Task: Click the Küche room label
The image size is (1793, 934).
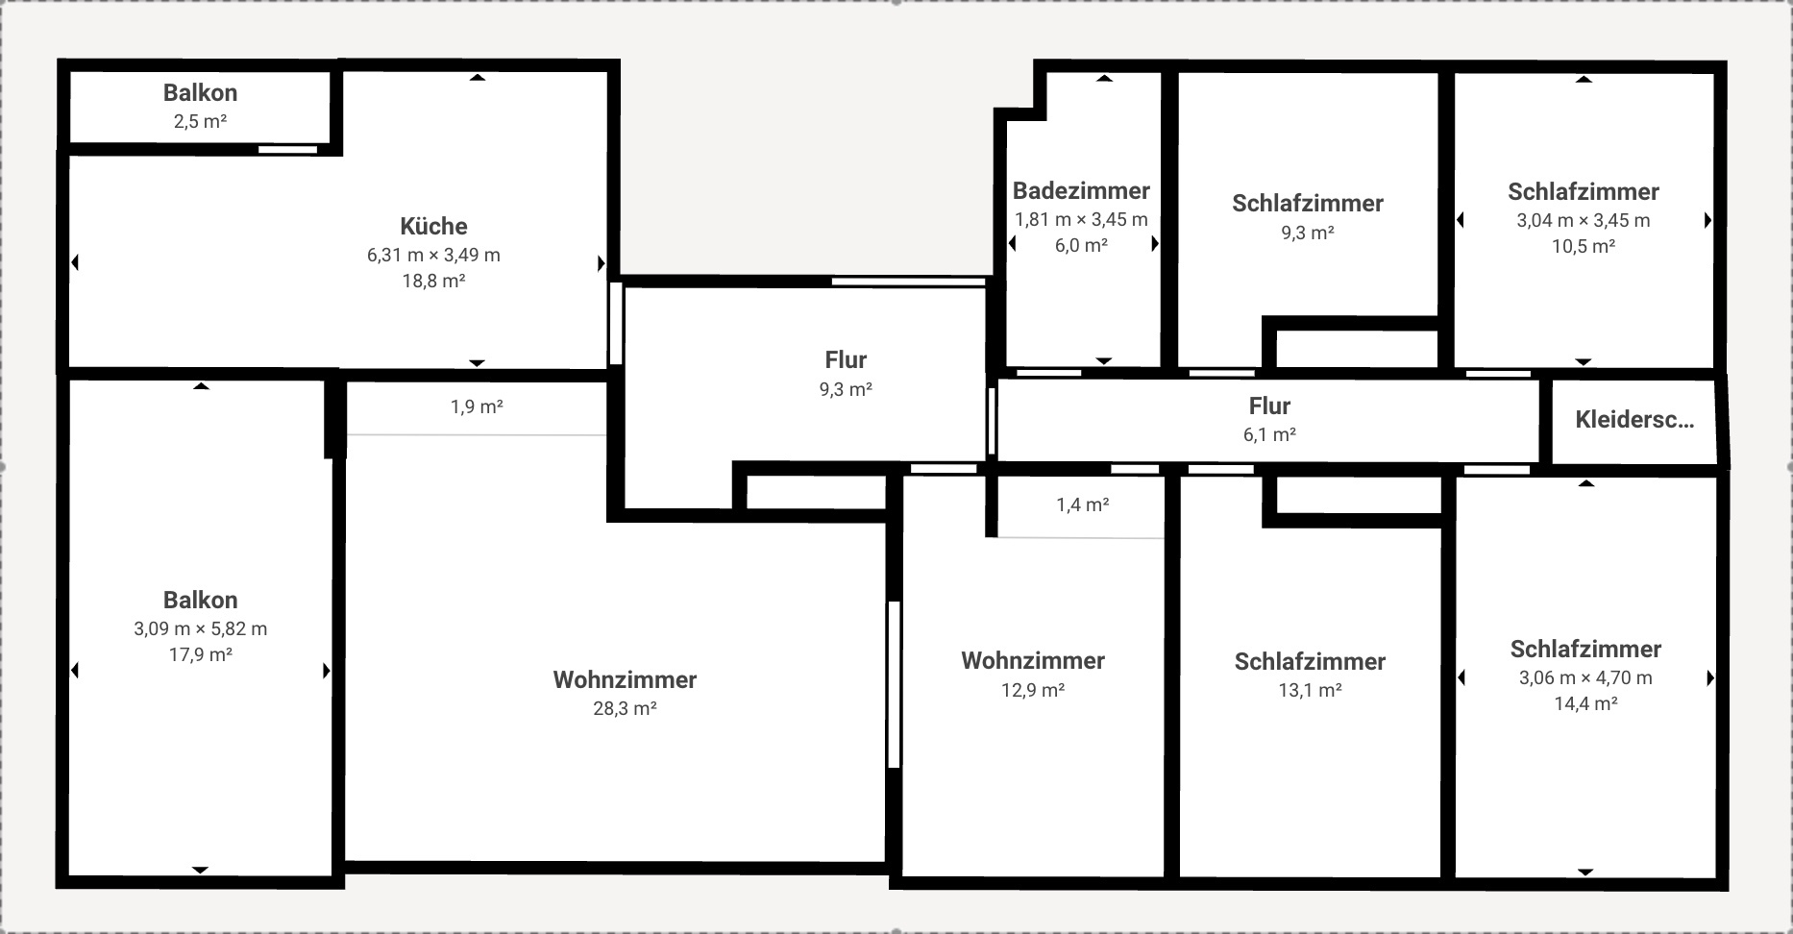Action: [433, 227]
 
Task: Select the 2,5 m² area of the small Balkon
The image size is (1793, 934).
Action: [200, 121]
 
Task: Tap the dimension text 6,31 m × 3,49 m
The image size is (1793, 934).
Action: [433, 255]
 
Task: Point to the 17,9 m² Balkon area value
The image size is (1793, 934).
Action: [200, 654]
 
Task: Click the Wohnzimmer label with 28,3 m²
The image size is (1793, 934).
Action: [625, 680]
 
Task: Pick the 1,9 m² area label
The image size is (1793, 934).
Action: [477, 406]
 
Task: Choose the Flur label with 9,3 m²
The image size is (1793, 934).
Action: [846, 360]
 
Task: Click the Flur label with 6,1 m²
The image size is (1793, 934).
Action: [1269, 406]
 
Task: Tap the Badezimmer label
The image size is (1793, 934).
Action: [1081, 190]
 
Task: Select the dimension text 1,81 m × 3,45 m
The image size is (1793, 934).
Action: [1081, 219]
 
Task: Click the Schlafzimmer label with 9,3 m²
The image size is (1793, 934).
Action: [1308, 204]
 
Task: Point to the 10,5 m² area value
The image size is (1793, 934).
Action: [1583, 246]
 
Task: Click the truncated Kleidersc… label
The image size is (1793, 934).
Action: [1633, 420]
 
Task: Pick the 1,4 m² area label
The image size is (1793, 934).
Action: [1083, 504]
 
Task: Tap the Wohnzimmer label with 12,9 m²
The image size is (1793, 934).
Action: [1033, 661]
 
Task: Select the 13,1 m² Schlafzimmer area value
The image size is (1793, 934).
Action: [1310, 690]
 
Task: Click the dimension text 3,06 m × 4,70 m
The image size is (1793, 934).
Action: [1585, 677]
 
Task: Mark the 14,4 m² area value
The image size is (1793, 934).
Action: [1585, 703]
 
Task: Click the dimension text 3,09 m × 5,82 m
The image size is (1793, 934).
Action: [200, 628]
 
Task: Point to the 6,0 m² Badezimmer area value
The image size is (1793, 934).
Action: [1081, 245]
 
